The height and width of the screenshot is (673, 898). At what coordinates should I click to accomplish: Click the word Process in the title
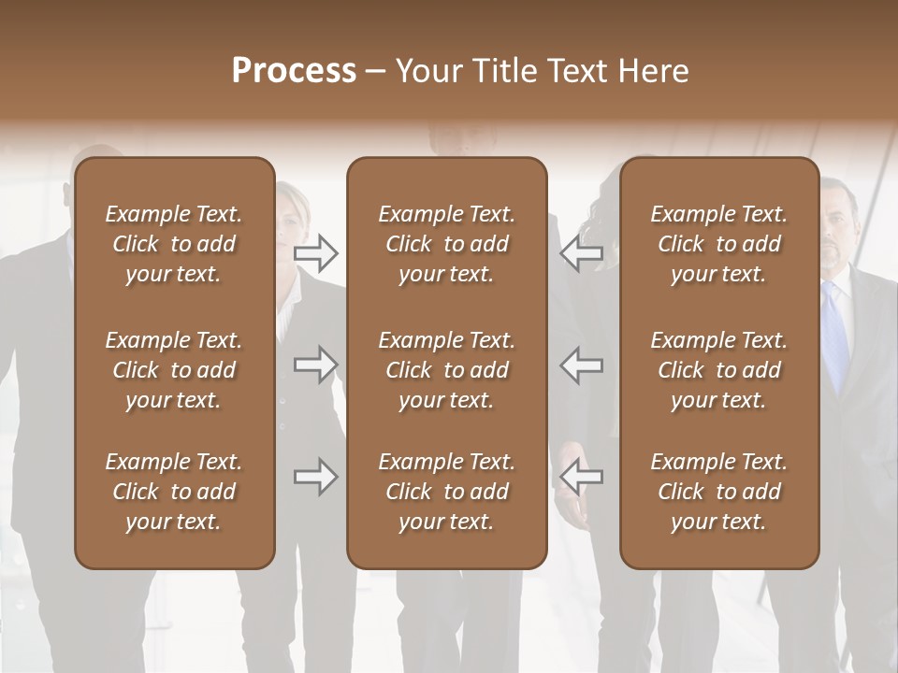tap(294, 71)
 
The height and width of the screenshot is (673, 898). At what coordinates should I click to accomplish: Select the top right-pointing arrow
tap(315, 251)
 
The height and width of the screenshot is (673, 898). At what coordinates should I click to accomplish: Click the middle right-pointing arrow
tap(315, 364)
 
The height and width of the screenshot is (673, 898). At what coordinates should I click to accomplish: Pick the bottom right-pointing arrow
tap(315, 477)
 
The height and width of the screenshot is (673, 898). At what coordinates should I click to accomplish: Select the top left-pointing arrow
tap(582, 251)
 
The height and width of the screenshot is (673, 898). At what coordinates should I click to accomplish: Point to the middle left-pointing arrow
tap(582, 364)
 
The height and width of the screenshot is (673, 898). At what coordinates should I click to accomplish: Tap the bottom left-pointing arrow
tap(582, 477)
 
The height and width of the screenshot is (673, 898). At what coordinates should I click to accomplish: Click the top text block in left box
tap(174, 244)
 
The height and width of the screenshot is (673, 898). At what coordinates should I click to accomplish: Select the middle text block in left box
tap(174, 370)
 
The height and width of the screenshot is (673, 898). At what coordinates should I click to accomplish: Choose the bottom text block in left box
tap(174, 492)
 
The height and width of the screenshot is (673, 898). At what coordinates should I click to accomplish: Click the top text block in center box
tap(446, 244)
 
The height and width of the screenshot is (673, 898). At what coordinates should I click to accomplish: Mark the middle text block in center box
tap(446, 370)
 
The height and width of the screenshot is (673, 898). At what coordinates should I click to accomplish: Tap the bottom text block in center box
tap(446, 492)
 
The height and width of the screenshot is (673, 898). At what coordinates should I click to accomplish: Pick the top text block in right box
tap(718, 244)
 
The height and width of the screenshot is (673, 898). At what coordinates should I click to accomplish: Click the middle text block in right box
tap(718, 370)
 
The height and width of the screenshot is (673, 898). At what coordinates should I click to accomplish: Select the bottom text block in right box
tap(718, 492)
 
